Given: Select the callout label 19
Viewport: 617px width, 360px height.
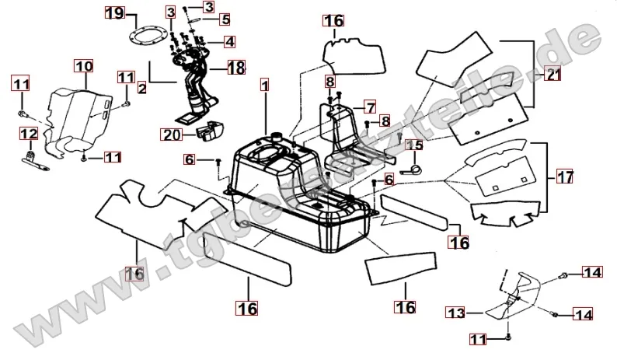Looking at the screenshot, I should tap(113, 13).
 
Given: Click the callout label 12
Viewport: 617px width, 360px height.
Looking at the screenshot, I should tap(28, 135).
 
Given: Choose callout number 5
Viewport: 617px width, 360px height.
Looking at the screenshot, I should tap(225, 19).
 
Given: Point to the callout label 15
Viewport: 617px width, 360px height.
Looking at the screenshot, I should tap(414, 145).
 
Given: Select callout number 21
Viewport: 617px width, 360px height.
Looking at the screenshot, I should tap(553, 75).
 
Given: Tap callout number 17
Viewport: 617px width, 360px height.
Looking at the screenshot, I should tap(565, 177).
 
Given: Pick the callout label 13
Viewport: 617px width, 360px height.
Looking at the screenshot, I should tap(455, 313).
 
